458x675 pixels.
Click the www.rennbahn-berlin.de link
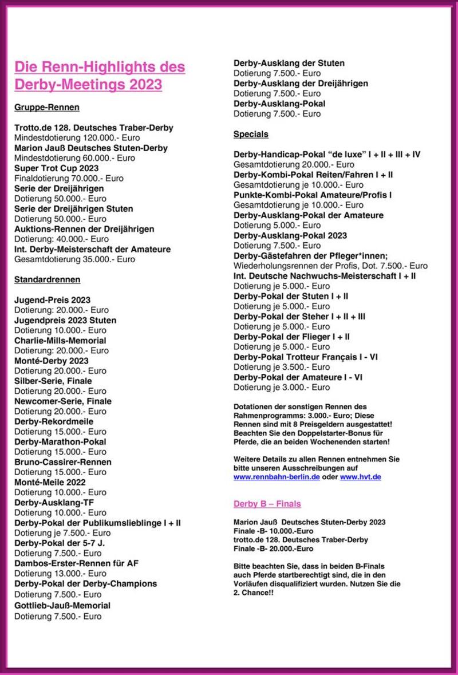(x=277, y=477)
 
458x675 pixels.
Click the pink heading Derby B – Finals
(x=267, y=504)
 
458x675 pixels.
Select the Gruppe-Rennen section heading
(x=47, y=107)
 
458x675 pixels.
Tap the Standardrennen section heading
(x=48, y=279)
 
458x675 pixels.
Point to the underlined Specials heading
(x=251, y=134)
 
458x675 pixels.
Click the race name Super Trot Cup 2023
(x=56, y=168)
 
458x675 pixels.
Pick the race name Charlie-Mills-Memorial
(x=60, y=341)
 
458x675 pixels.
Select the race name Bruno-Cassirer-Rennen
(x=63, y=462)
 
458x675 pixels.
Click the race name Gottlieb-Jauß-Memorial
(x=62, y=605)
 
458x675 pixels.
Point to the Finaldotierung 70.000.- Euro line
(x=69, y=179)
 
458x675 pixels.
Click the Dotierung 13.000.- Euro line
(x=60, y=574)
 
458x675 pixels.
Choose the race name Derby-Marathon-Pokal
(x=60, y=441)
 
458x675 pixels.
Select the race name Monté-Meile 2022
(x=50, y=482)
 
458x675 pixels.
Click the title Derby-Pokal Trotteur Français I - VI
(x=305, y=357)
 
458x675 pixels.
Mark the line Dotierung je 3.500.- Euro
(x=281, y=367)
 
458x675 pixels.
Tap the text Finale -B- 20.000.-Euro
(x=273, y=548)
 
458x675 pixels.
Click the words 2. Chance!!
(x=253, y=593)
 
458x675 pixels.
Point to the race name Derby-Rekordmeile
(x=54, y=421)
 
